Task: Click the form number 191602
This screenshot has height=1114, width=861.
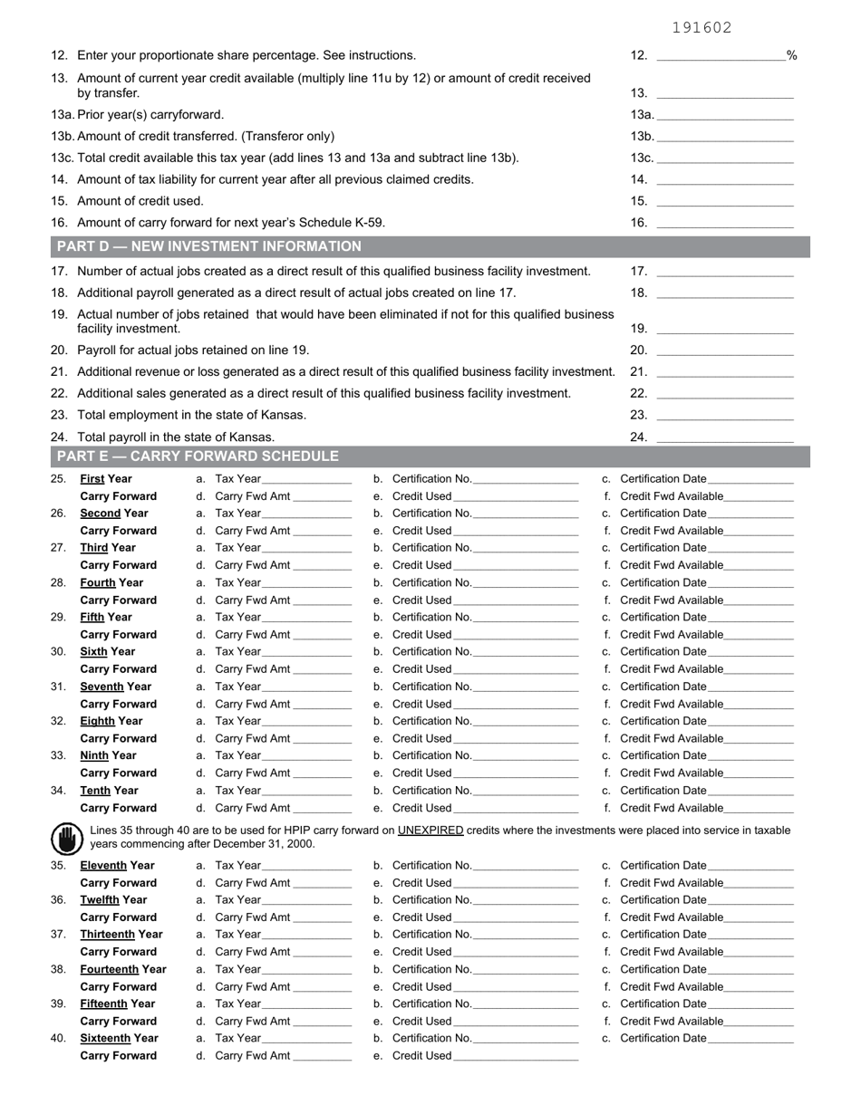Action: pyautogui.click(x=701, y=28)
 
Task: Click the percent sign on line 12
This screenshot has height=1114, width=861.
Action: pyautogui.click(x=792, y=55)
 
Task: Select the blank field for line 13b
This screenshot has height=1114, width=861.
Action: pyautogui.click(x=725, y=136)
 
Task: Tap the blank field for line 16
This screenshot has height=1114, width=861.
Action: pyautogui.click(x=725, y=222)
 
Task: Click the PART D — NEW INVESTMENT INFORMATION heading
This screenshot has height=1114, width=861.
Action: pyautogui.click(x=209, y=246)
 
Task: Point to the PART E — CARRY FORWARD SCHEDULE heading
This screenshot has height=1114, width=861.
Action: pyautogui.click(x=198, y=456)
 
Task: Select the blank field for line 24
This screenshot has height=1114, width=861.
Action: pyautogui.click(x=725, y=437)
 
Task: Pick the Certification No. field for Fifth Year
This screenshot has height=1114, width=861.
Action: pyautogui.click(x=526, y=618)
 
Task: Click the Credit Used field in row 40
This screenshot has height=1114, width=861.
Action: pyautogui.click(x=515, y=1056)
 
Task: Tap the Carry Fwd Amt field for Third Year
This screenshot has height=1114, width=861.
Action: pyautogui.click(x=322, y=565)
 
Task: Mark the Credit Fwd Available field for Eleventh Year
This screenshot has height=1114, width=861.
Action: pyautogui.click(x=759, y=883)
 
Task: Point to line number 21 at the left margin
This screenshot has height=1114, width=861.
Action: pyautogui.click(x=60, y=371)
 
